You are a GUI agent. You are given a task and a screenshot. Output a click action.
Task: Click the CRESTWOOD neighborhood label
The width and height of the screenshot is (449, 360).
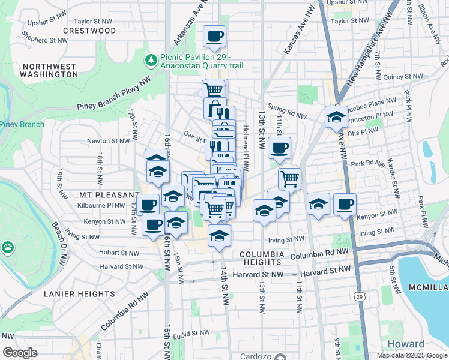(89, 30)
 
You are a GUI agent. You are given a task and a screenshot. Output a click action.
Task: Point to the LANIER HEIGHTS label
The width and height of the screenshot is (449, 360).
(76, 293)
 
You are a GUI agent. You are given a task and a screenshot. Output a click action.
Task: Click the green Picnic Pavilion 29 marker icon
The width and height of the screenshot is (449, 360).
(151, 60)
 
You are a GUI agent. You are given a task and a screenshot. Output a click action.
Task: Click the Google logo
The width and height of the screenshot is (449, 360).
(20, 353)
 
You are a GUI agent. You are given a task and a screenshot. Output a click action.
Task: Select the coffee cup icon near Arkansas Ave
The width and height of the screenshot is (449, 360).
(214, 37)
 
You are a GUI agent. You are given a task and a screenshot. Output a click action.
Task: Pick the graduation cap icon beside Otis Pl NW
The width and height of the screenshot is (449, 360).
(336, 117)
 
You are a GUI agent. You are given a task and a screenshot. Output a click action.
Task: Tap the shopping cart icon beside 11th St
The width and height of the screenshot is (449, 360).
(290, 178)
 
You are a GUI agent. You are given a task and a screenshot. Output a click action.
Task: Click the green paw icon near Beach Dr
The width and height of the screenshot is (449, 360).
(7, 247)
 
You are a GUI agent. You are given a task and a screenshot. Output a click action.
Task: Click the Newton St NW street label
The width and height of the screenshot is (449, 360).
(108, 141)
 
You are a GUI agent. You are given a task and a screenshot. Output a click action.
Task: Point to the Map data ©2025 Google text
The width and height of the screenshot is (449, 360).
(412, 355)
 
